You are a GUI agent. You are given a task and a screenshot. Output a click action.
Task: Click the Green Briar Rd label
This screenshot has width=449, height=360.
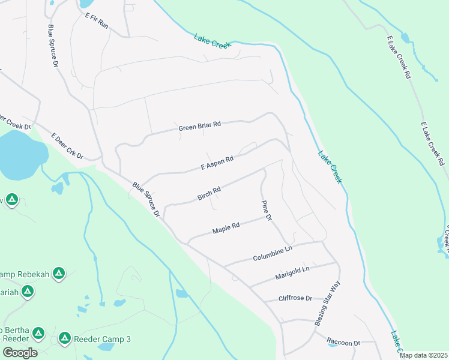[x=200, y=126]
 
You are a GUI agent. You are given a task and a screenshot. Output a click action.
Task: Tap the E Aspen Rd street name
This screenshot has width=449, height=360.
[x=217, y=164]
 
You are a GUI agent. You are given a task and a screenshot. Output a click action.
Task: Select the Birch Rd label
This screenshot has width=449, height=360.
[x=209, y=193]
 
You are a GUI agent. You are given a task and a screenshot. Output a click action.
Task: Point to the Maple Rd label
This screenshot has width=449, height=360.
[x=226, y=229]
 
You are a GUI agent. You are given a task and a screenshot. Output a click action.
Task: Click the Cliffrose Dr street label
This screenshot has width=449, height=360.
[x=295, y=298]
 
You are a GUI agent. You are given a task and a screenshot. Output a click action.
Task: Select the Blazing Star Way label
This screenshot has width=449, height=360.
[x=327, y=303]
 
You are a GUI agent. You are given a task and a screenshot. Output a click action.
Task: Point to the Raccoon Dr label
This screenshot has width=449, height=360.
[x=343, y=343]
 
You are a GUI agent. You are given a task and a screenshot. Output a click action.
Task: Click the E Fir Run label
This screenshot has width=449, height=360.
[x=96, y=22]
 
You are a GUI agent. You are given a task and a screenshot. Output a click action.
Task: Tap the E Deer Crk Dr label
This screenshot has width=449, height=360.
[x=67, y=146]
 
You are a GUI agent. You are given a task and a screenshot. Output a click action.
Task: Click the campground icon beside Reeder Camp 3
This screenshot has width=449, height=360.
[x=64, y=339]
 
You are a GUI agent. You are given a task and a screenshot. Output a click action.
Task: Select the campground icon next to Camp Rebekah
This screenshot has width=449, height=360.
[x=58, y=274]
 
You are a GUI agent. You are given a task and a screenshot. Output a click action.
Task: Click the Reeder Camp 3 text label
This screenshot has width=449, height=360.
[x=102, y=340]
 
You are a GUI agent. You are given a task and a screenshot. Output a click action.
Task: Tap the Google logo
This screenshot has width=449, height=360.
[x=20, y=352]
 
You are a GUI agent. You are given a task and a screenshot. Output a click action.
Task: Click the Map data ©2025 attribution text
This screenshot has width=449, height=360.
[x=423, y=355]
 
